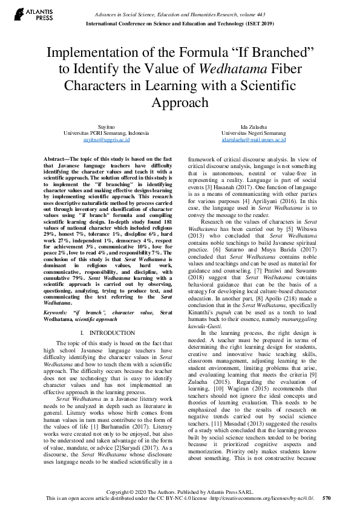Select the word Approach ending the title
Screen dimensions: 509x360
(180, 102)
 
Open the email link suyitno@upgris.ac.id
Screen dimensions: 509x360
(106, 139)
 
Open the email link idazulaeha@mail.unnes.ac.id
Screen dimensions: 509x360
(254, 139)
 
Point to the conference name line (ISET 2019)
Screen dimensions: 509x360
(180, 24)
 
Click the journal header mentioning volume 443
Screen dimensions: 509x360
(180, 14)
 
